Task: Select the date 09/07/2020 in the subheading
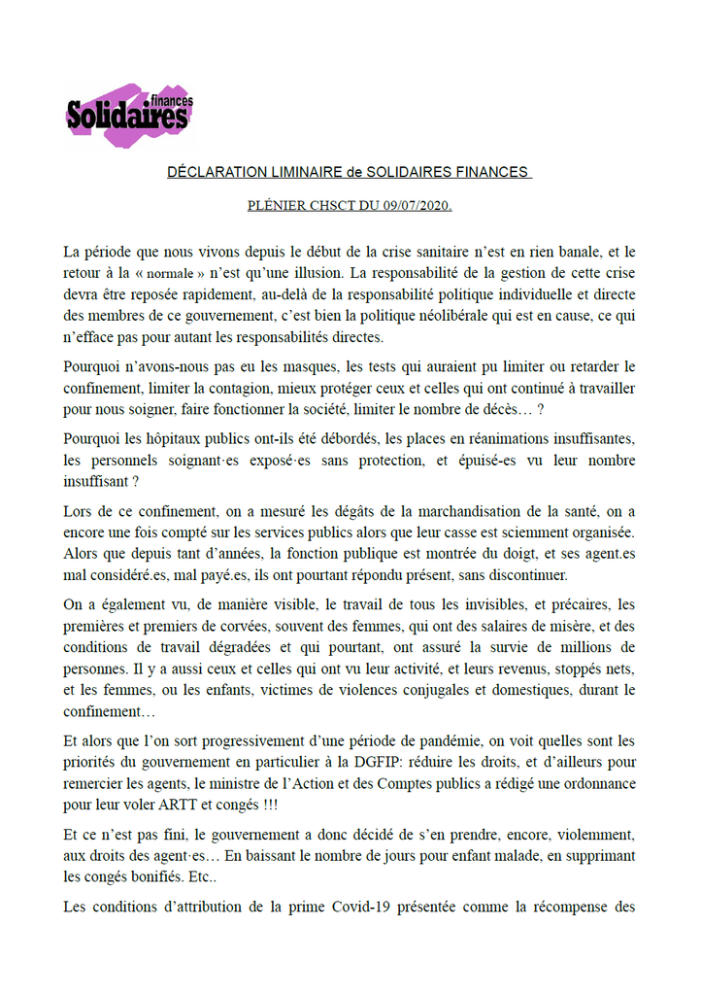pos(415,206)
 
